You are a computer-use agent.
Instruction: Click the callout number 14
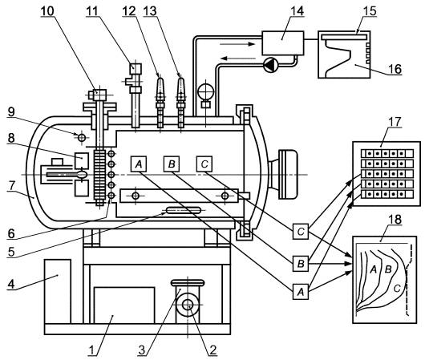click(297, 11)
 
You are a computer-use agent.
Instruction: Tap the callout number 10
click(47, 11)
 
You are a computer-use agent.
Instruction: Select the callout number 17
click(395, 122)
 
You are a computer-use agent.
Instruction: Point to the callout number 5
click(11, 252)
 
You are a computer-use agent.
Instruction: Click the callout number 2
click(212, 350)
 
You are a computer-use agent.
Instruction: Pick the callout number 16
click(395, 69)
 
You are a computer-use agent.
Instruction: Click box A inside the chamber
click(139, 164)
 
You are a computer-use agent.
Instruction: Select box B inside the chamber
click(172, 164)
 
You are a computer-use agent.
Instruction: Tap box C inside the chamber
click(204, 164)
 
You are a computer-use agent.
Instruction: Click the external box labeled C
click(301, 232)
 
